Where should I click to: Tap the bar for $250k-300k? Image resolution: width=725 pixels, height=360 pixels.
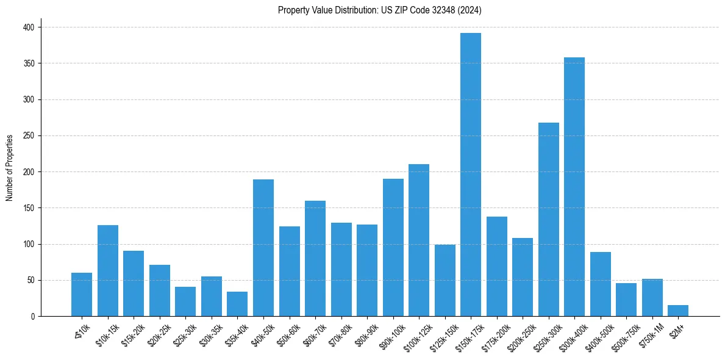pyautogui.click(x=549, y=220)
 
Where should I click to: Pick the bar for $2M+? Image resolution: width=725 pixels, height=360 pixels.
pyautogui.click(x=678, y=311)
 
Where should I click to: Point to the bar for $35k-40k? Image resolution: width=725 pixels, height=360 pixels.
pyautogui.click(x=237, y=304)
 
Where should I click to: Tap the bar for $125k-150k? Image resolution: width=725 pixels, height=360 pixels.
pyautogui.click(x=445, y=280)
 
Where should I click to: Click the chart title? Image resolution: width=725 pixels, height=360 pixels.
pyautogui.click(x=380, y=10)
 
